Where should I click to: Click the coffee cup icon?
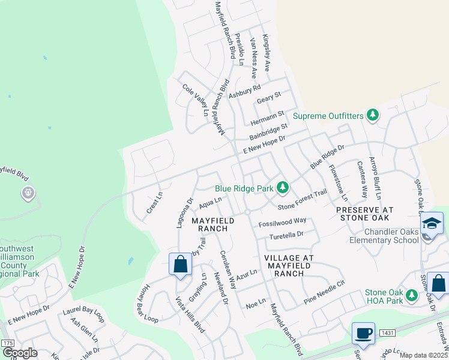pyautogui.click(x=364, y=332)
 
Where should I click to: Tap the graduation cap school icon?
pyautogui.click(x=432, y=223)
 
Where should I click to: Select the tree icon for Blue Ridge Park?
pyautogui.click(x=283, y=188)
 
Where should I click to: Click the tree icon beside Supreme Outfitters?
pyautogui.click(x=373, y=115)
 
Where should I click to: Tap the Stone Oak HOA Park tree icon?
pyautogui.click(x=411, y=295)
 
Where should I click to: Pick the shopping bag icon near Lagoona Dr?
pyautogui.click(x=180, y=264)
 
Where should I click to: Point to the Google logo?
pyautogui.click(x=20, y=353)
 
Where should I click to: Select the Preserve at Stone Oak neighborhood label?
pyautogui.click(x=364, y=214)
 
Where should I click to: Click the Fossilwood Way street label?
pyautogui.click(x=282, y=222)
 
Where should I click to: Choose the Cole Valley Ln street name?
pyautogui.click(x=199, y=100)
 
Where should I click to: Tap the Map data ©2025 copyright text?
pyautogui.click(x=423, y=355)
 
